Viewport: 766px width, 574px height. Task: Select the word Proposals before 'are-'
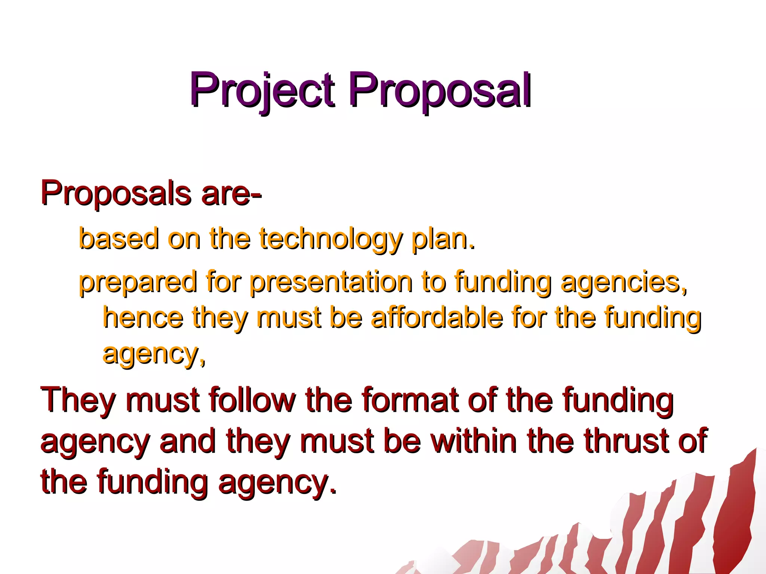coord(116,193)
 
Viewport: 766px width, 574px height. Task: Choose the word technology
coord(331,239)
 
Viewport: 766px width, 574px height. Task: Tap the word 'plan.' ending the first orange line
coord(443,239)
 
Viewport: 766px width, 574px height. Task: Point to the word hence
coord(143,317)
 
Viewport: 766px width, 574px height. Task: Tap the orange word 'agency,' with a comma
coord(154,354)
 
